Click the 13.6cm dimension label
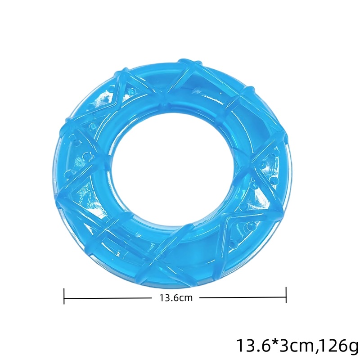pyautogui.click(x=176, y=298)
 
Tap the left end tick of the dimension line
pyautogui.click(x=64, y=296)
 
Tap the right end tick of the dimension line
pyautogui.click(x=286, y=295)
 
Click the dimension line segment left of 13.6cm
pyautogui.click(x=108, y=298)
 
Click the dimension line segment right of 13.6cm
pyautogui.click(x=243, y=298)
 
